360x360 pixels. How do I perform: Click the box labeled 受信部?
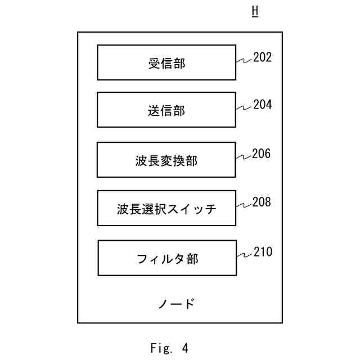click(166, 62)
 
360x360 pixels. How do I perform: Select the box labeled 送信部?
click(166, 110)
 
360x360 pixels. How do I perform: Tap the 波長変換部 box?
click(166, 160)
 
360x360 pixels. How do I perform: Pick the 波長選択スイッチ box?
click(166, 209)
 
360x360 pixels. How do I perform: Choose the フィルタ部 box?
click(167, 258)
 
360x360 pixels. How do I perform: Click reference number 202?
click(262, 57)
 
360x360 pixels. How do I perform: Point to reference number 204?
click(262, 105)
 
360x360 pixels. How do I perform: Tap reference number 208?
click(262, 202)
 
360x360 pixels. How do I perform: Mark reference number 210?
click(262, 252)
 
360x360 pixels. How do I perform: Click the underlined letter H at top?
click(255, 12)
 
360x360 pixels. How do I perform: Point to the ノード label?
click(176, 304)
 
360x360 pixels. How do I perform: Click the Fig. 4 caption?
click(169, 348)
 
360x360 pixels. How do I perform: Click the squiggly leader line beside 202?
click(244, 60)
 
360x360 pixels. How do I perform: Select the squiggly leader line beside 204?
click(244, 107)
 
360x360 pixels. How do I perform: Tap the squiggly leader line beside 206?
click(243, 157)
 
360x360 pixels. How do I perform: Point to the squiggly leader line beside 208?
click(244, 205)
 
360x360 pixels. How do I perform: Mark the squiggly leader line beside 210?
click(244, 255)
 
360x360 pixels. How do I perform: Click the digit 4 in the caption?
click(186, 348)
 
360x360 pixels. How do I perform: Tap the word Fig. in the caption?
click(160, 348)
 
